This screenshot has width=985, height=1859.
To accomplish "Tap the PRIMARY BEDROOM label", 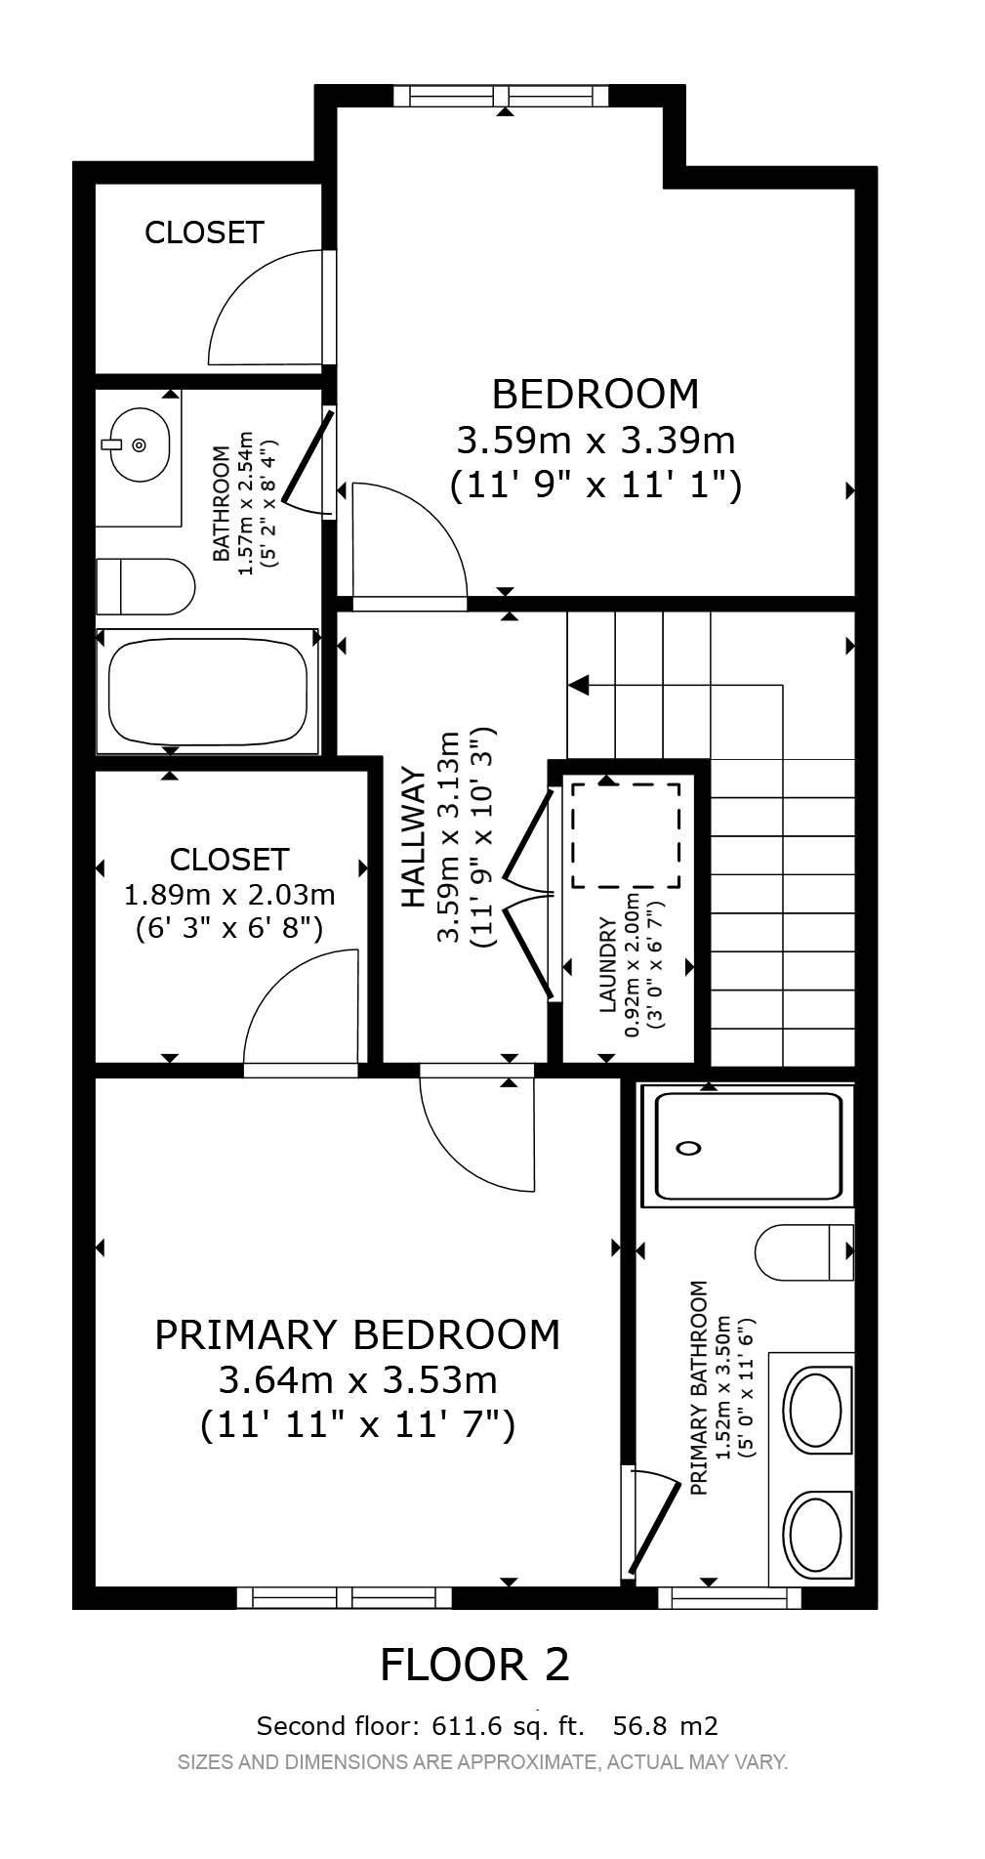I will pos(357,1334).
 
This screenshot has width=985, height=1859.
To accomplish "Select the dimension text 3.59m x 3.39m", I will pos(595,441).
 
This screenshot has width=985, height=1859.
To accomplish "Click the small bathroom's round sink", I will pos(139,445).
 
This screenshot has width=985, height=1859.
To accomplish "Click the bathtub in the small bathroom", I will pos(208,691).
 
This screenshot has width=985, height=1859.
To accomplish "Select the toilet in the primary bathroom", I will pos(804,1251).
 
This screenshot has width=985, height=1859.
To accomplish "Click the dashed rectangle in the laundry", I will pos(625,835).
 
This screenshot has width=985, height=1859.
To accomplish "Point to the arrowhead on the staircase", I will pos(578,685).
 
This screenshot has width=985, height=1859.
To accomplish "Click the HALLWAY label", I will pos(414,838).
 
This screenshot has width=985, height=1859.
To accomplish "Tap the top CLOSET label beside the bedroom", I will pos(204,232).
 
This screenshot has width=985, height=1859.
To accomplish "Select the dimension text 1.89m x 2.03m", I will pos(229,894).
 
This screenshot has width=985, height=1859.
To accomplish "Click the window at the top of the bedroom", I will pos(501,95).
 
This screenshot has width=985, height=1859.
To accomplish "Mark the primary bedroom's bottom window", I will pos(344,1597).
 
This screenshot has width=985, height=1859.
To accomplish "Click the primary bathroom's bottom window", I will pos(729,1597).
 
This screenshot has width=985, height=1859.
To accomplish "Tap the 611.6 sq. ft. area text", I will pos(508,1726).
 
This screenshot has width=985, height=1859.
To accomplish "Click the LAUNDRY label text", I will pos(607,965).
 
